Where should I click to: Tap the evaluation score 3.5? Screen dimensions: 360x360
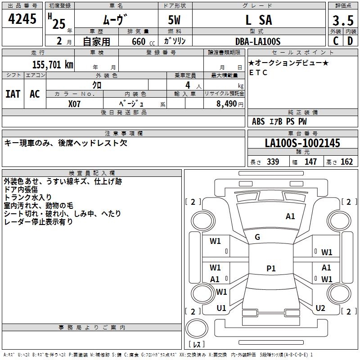pos(343,20)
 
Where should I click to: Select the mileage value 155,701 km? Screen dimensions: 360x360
pos(53,64)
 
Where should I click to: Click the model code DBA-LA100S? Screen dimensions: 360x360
pos(258,41)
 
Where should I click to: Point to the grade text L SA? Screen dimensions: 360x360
pos(258,20)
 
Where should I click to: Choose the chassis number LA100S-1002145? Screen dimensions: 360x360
pos(302,144)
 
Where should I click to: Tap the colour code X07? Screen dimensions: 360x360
pos(75,103)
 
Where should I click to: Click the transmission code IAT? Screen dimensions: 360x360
pos(13,94)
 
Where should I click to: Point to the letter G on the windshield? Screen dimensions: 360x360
pos(257,237)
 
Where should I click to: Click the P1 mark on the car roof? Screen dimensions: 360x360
pos(271,269)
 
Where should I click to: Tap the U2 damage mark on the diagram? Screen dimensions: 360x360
pos(320,308)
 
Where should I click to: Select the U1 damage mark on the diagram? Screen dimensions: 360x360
pos(221,308)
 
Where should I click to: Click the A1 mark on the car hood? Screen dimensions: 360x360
pos(290,216)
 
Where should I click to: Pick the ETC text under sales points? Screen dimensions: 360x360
pos(258,72)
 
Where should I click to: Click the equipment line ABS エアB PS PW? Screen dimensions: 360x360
pos(280,121)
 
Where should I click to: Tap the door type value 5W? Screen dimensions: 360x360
pos(175,20)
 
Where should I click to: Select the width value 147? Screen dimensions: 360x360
pos(310,162)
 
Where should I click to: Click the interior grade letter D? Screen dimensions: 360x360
pos(350,41)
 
